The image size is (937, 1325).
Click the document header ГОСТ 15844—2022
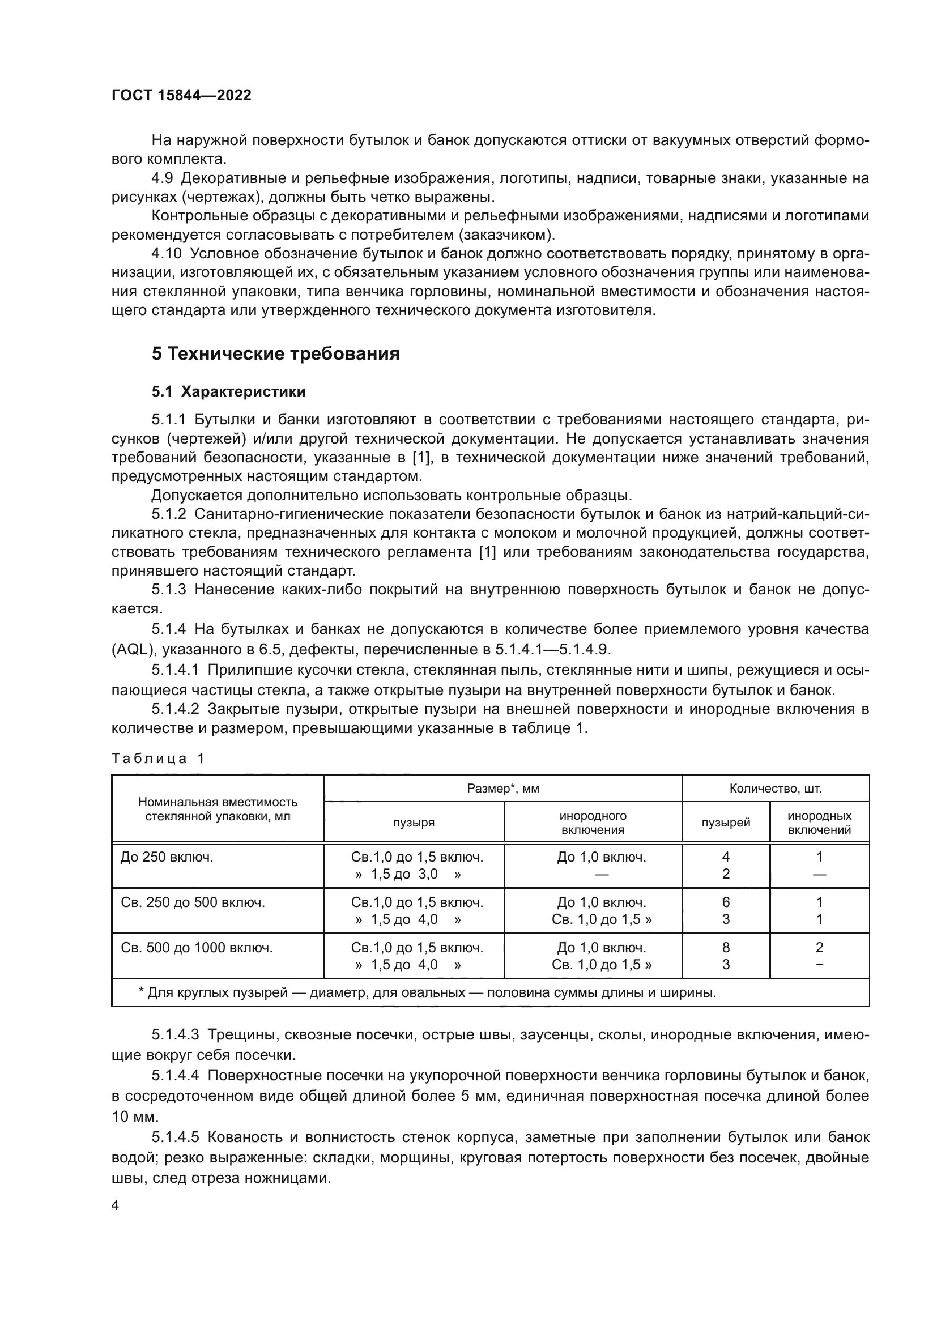click(x=181, y=95)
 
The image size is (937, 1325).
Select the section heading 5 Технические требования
click(x=275, y=353)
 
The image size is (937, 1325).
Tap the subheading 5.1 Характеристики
click(x=228, y=391)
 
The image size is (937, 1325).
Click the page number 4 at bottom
click(x=116, y=1205)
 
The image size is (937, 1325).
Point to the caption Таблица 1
click(x=158, y=759)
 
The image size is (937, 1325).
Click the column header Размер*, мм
click(x=502, y=789)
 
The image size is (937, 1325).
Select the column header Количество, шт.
click(x=775, y=789)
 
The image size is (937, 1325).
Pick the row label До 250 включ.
click(x=167, y=857)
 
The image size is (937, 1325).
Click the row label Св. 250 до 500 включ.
click(x=193, y=902)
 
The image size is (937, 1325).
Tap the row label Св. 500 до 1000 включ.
click(x=197, y=947)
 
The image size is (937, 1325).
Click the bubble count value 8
click(x=725, y=947)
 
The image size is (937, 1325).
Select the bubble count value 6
click(x=725, y=902)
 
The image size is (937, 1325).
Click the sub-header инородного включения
click(x=593, y=823)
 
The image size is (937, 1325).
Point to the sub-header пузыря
click(x=414, y=823)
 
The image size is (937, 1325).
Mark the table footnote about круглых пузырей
click(x=427, y=992)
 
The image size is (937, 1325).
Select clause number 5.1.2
click(x=168, y=514)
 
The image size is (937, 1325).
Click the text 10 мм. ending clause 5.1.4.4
click(x=135, y=1116)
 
